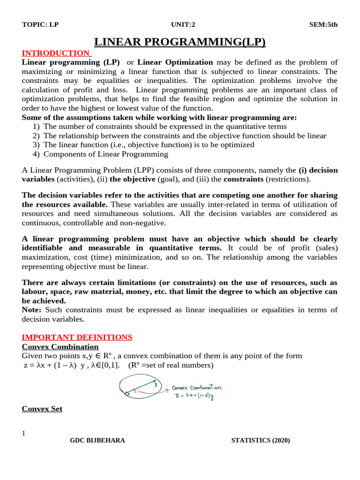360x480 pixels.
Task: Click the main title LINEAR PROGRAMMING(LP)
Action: [x=180, y=43]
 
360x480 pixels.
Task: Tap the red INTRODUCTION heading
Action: [x=56, y=53]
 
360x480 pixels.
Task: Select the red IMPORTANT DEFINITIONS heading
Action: [x=77, y=337]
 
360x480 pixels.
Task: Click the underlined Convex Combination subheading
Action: [x=60, y=347]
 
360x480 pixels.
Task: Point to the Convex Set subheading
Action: [x=42, y=409]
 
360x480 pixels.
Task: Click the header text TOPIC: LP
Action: [x=40, y=25]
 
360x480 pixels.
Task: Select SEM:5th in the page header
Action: [x=324, y=25]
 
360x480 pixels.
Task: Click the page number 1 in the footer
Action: [x=23, y=433]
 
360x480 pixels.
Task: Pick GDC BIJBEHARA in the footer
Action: [x=97, y=441]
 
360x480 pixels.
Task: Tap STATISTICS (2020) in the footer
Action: [x=261, y=441]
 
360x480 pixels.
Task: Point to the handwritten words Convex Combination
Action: [x=197, y=388]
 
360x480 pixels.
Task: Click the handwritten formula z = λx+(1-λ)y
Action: [x=197, y=397]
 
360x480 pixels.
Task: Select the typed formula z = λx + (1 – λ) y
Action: [x=70, y=365]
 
